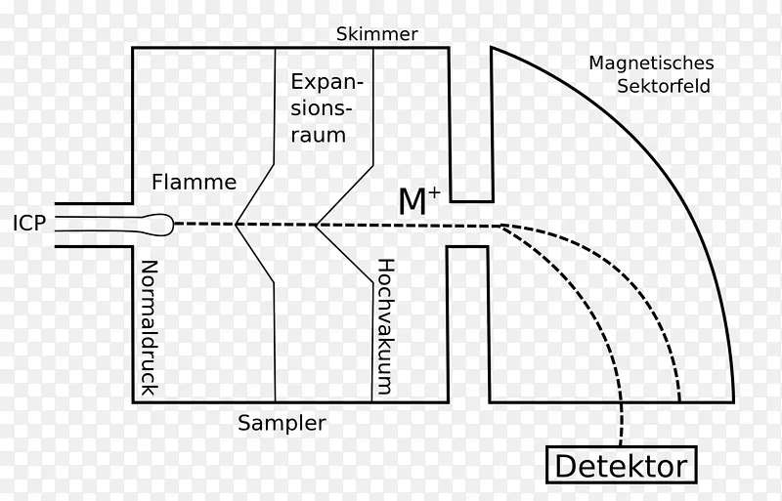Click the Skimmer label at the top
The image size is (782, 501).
377,34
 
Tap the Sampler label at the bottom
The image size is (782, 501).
282,423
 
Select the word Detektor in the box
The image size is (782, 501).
621,465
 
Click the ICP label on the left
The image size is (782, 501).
29,224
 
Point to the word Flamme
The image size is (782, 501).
195,182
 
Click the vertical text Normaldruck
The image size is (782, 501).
150,328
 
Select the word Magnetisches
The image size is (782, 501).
651,63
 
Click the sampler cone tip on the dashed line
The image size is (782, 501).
237,225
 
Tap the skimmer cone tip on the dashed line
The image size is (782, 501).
315,225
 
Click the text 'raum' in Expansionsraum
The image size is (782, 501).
318,136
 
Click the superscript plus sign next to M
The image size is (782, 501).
434,193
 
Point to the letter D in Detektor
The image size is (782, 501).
565,465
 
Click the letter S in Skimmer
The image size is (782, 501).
341,34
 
